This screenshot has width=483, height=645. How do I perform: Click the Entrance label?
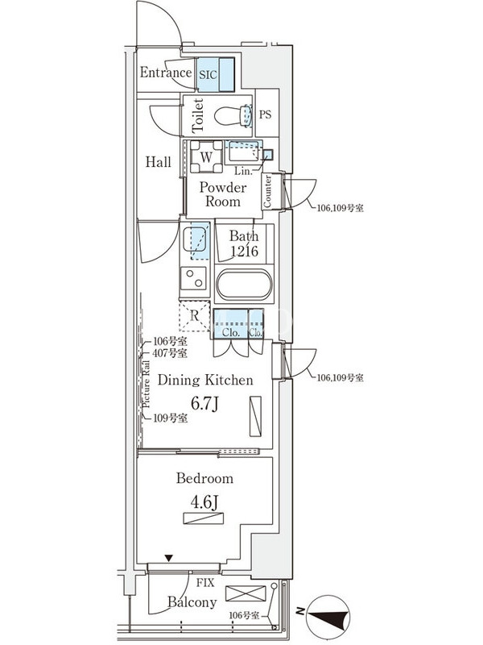pos(165,73)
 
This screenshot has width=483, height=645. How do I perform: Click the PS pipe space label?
pos(265,114)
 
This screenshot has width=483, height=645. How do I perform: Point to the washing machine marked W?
pos(206,156)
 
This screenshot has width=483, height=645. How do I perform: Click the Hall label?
pos(158,162)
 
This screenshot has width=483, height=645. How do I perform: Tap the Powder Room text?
pos(223,195)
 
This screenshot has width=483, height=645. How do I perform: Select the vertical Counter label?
pos(268,192)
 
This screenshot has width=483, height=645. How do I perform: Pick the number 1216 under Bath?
pos(244,252)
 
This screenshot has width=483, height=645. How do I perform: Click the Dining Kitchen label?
pos(205,380)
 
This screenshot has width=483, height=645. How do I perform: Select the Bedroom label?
pos(204,478)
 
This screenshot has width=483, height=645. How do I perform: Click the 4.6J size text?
pos(204,502)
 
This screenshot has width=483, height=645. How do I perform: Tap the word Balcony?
pos(192,602)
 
